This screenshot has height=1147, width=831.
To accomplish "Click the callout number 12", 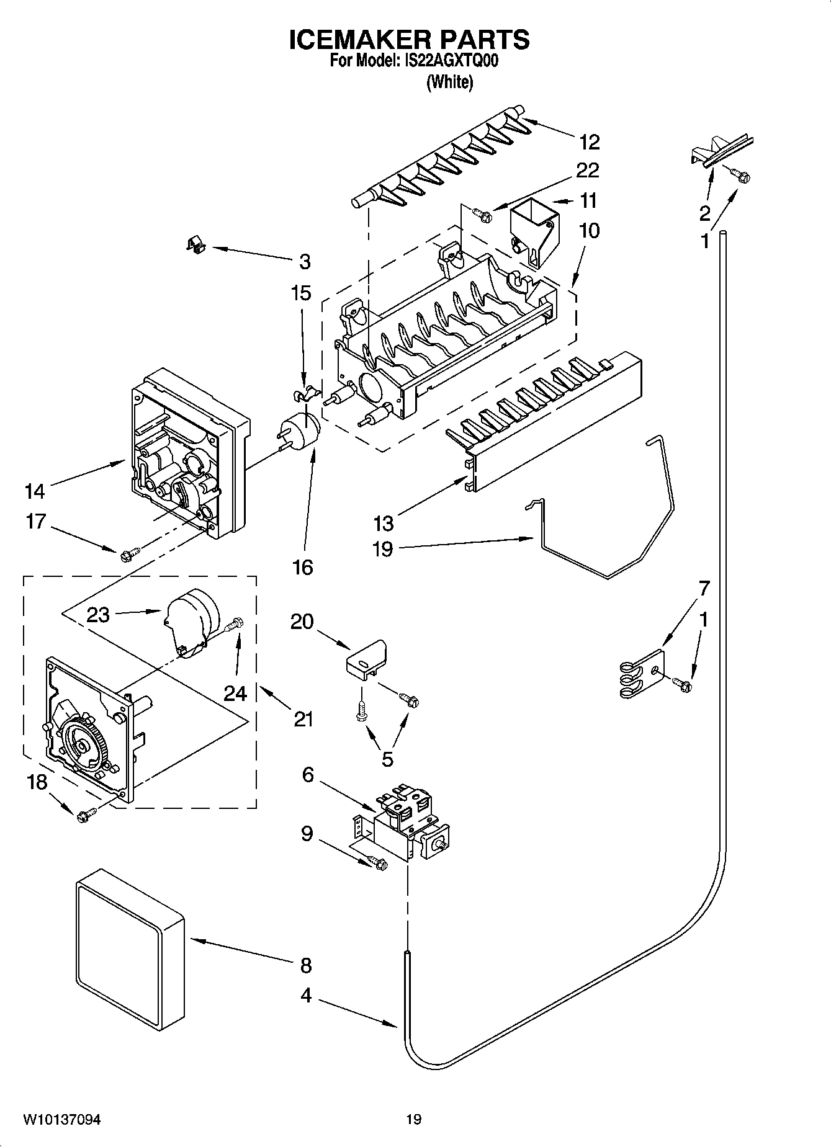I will coord(589,142).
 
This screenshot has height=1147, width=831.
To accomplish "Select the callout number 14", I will coord(35,491).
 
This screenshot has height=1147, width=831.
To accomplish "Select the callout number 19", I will coord(383,549).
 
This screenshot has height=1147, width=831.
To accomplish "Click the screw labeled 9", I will coord(377,862).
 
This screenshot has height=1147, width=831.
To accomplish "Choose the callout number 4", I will coord(306,995).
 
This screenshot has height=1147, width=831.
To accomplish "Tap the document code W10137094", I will coord(62,1119).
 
